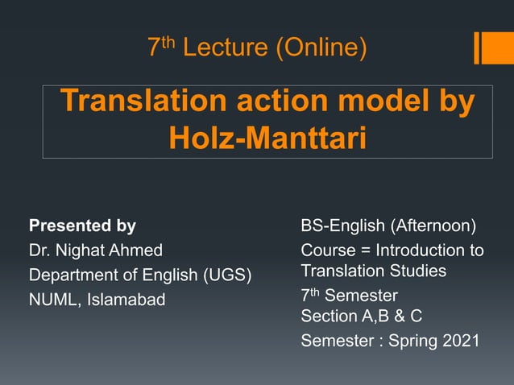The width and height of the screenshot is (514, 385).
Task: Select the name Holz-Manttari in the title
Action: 267,138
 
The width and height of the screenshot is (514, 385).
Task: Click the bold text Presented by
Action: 82,226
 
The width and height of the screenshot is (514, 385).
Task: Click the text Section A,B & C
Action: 361,316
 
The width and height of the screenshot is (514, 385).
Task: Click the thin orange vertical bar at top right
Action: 478,48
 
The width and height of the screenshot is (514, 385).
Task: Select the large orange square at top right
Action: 498,48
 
